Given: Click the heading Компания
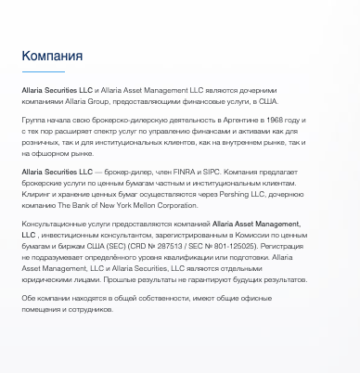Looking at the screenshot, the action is [x=52, y=57].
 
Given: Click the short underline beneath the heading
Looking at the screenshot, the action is [x=44, y=71].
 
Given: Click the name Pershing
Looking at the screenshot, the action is [x=244, y=193].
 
